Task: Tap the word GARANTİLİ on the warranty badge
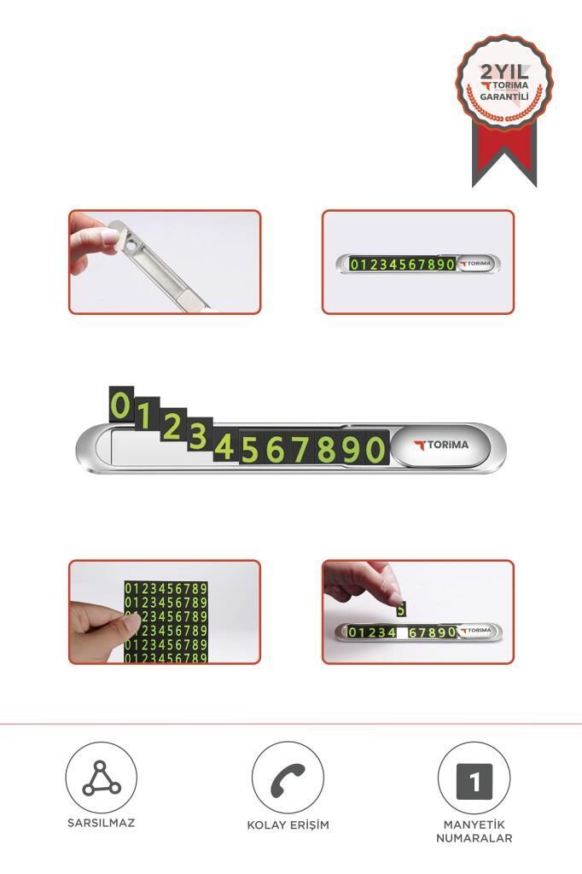point(504,97)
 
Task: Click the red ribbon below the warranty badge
point(504,154)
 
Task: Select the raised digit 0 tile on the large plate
point(121,404)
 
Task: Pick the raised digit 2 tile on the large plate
point(173,426)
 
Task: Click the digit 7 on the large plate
point(301,449)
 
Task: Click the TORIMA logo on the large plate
point(441,446)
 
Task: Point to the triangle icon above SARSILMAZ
point(101,778)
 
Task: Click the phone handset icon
point(288,778)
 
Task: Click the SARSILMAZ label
point(101,823)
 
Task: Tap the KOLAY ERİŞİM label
point(288,824)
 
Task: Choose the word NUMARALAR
point(474,838)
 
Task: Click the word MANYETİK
point(474,824)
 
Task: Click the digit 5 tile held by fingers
point(401,609)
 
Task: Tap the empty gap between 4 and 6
point(402,632)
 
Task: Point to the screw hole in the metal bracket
point(131,244)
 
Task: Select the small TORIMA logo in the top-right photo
point(475,263)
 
